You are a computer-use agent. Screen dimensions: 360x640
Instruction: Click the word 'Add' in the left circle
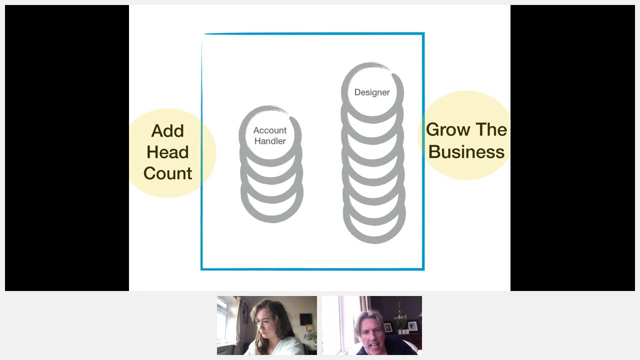(167, 131)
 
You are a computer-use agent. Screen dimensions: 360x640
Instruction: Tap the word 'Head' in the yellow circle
(167, 152)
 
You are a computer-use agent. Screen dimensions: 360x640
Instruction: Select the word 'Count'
(167, 173)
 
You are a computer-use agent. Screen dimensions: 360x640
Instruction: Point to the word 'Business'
(466, 152)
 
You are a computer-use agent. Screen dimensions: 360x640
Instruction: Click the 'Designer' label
(372, 92)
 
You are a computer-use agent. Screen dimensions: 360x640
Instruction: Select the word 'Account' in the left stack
(270, 130)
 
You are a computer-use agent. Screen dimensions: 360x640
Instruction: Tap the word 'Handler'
(270, 141)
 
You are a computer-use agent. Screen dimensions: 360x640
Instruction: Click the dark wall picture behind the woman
(306, 319)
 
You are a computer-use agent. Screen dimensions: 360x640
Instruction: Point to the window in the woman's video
(223, 320)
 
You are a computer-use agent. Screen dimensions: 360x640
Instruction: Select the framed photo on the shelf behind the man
(412, 326)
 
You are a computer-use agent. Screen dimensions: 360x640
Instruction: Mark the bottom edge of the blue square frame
(312, 269)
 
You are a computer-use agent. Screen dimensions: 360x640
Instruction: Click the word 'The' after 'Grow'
(491, 130)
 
